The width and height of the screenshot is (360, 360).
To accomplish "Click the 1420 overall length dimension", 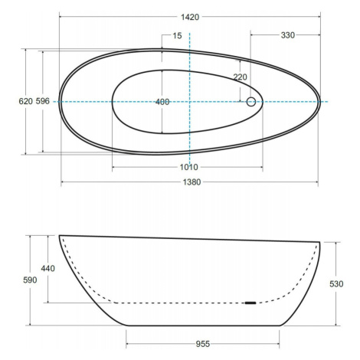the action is pyautogui.click(x=190, y=17).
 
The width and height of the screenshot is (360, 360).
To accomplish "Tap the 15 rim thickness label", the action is pyautogui.click(x=177, y=36).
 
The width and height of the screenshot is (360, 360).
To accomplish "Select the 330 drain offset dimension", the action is pyautogui.click(x=288, y=35).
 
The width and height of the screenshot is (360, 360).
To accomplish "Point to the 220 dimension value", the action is pyautogui.click(x=240, y=77).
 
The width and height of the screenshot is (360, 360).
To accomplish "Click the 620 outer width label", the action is pyautogui.click(x=26, y=101).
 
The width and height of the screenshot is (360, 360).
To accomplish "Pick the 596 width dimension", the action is pyautogui.click(x=42, y=101).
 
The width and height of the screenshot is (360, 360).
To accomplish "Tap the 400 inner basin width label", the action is pyautogui.click(x=162, y=102).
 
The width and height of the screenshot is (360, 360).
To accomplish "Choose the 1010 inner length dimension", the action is pyautogui.click(x=189, y=167).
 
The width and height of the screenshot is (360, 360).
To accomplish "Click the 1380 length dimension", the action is pyautogui.click(x=191, y=182).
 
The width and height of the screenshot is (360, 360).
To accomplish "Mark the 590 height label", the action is pyautogui.click(x=30, y=280).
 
